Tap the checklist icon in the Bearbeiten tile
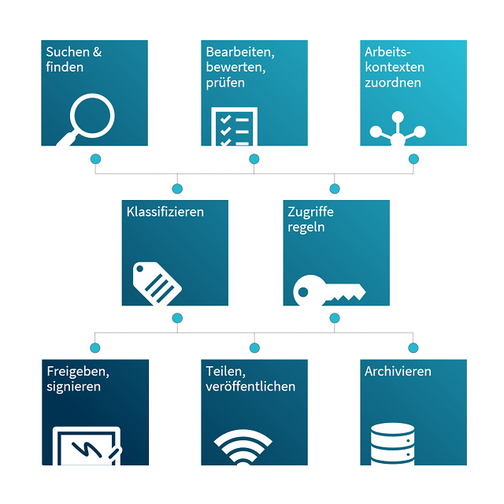point(235,126)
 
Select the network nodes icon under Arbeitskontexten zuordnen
point(398,128)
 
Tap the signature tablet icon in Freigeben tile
point(87,446)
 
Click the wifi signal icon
point(243,447)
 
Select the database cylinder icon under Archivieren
point(392,444)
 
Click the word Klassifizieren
point(165,212)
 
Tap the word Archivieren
point(398,372)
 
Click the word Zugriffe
point(310,213)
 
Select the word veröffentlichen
point(250,387)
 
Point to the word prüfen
point(225,83)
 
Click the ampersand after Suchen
point(97,52)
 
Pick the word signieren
point(73,387)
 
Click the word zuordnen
point(393,83)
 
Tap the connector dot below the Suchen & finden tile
point(95,159)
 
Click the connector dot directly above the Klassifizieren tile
point(177,189)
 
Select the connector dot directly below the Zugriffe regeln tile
point(335,318)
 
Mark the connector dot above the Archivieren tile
point(413,348)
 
